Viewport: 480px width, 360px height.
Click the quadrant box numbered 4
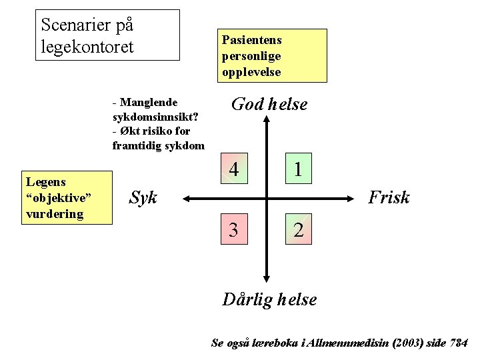[x=234, y=170]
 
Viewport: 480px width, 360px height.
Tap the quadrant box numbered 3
[x=234, y=230]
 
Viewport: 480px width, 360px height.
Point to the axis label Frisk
[x=389, y=197]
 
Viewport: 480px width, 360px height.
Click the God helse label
[x=269, y=104]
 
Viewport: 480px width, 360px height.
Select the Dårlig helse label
[x=269, y=299]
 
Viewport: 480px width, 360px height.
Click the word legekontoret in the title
[x=87, y=47]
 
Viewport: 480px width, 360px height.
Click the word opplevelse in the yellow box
[x=251, y=71]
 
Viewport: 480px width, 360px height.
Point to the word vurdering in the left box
[x=55, y=214]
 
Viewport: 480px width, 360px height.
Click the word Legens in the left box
[x=46, y=182]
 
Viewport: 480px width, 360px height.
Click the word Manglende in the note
[x=149, y=103]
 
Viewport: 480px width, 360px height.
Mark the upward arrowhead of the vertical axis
[x=267, y=120]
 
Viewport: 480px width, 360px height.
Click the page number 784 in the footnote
[x=458, y=343]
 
